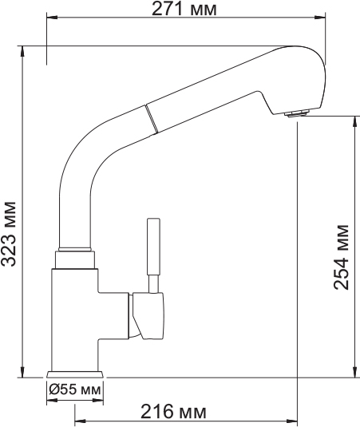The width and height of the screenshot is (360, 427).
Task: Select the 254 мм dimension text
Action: pyautogui.click(x=342, y=256)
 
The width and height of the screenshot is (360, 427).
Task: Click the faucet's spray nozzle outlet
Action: pyautogui.click(x=296, y=113)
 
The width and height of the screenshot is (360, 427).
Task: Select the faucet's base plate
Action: pyautogui.click(x=76, y=374)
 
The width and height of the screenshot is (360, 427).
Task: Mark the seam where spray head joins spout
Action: pyautogui.click(x=148, y=121)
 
